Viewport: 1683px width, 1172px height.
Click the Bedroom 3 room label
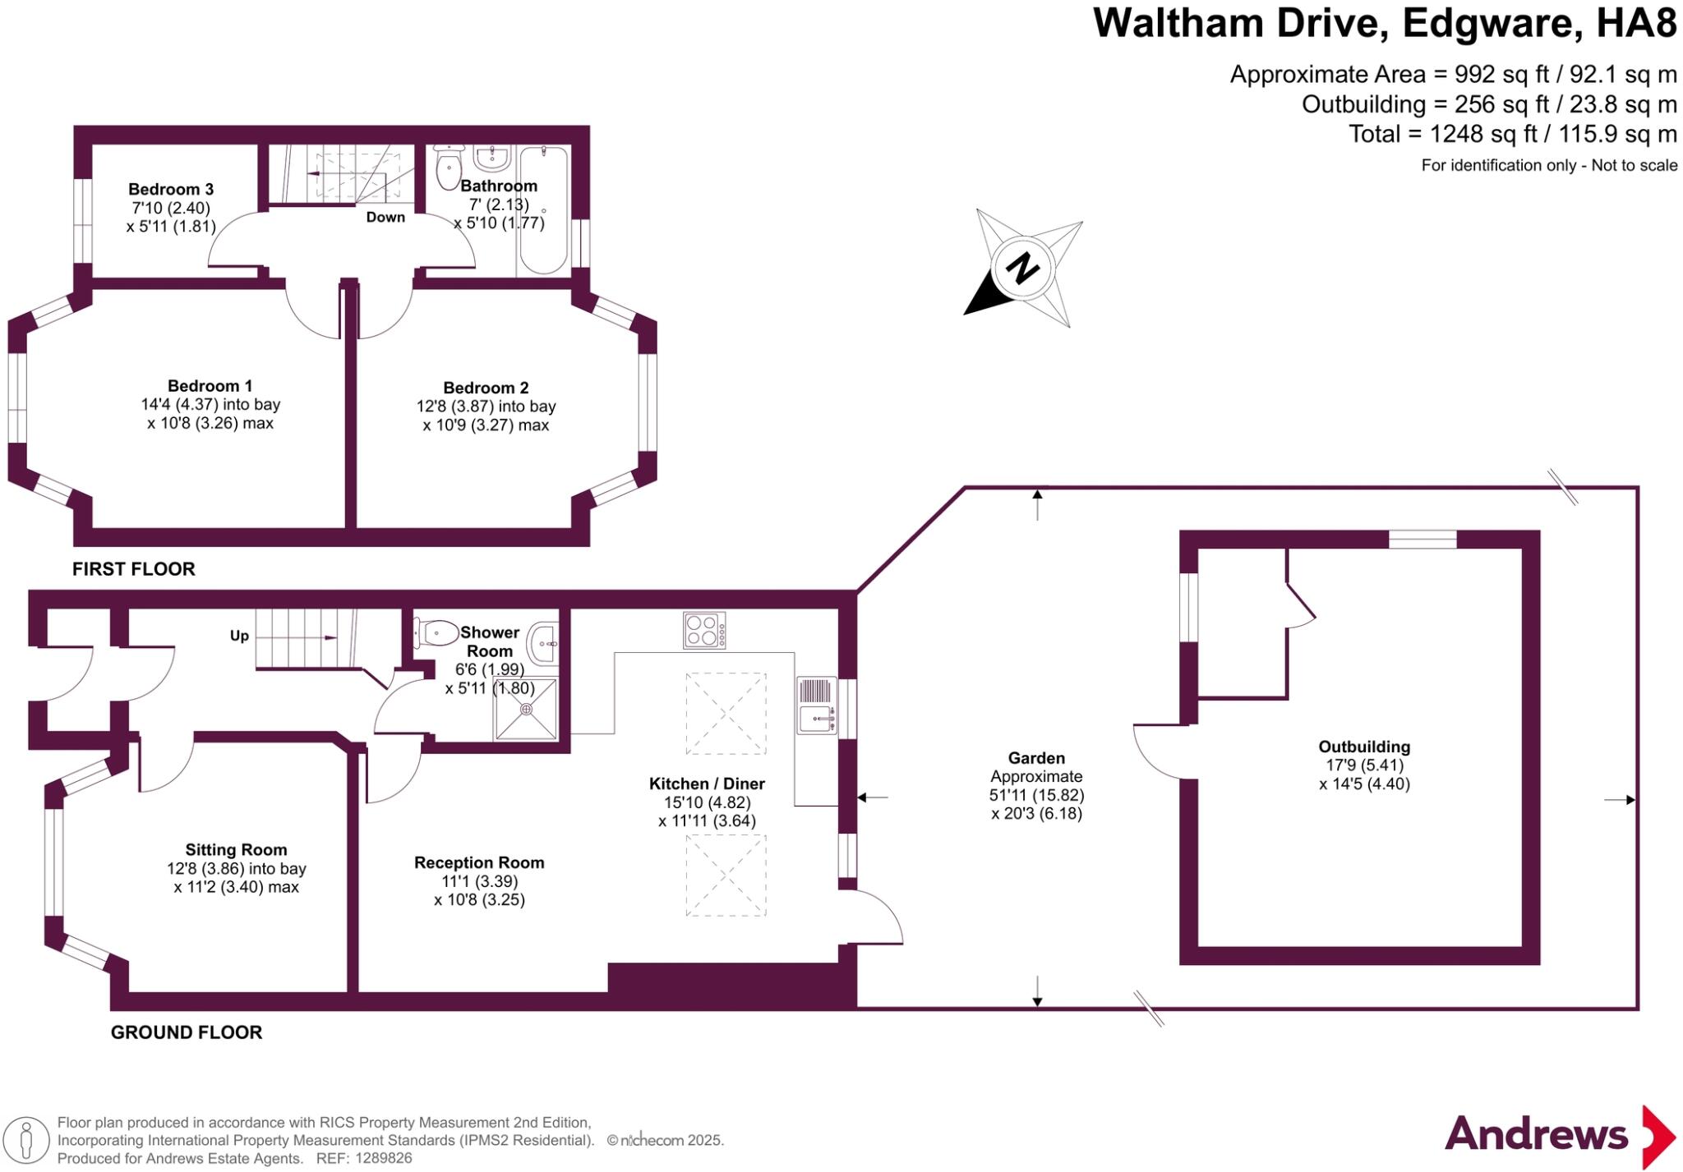(x=170, y=190)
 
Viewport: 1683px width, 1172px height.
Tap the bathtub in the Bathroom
(x=542, y=210)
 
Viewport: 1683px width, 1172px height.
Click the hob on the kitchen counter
(x=704, y=631)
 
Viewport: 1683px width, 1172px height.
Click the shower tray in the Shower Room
(x=526, y=709)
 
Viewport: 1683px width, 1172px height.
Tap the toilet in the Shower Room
(x=437, y=632)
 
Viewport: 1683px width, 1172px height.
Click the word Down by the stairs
(x=385, y=218)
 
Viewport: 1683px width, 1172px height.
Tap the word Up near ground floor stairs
(x=239, y=636)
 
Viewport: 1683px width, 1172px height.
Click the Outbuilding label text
(x=1364, y=747)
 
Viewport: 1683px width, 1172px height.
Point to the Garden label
(x=1036, y=758)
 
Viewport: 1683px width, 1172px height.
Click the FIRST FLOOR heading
(x=134, y=569)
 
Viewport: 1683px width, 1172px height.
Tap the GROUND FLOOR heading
(x=187, y=1032)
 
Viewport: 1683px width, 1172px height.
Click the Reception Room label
(x=479, y=862)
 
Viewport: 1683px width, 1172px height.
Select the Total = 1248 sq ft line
(x=1512, y=134)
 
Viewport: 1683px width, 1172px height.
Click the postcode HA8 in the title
(x=1635, y=23)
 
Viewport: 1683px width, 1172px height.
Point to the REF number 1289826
(x=384, y=1158)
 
